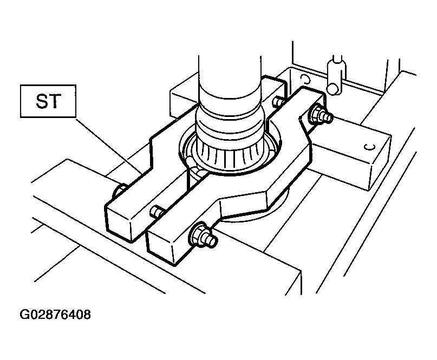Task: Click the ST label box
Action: click(x=48, y=101)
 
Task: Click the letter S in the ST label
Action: click(x=42, y=101)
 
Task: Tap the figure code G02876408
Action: click(x=55, y=315)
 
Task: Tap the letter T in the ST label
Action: click(x=55, y=101)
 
